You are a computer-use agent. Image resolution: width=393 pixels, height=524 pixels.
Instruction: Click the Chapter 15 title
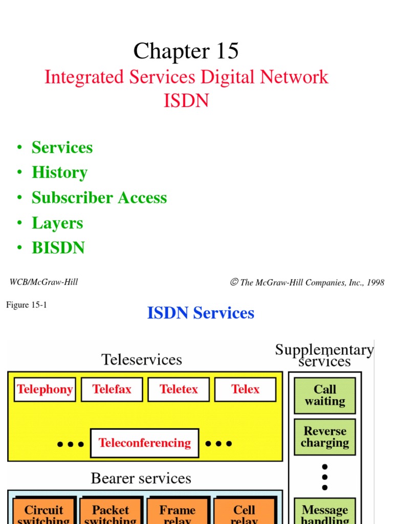[x=186, y=51]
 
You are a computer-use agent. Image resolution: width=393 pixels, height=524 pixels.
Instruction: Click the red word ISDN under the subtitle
[x=186, y=101]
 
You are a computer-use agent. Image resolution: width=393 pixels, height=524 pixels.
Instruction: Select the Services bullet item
[x=62, y=147]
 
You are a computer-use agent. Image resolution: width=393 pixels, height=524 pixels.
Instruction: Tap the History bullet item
[x=59, y=172]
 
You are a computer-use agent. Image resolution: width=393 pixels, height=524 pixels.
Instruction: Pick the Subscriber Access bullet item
[x=99, y=198]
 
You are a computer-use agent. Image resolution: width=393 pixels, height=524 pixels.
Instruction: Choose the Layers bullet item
[x=57, y=223]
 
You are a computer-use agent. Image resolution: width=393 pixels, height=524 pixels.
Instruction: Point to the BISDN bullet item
[x=58, y=248]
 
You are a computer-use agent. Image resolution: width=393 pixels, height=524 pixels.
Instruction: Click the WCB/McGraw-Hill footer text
[x=43, y=282]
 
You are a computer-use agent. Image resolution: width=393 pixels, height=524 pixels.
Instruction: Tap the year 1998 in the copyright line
[x=375, y=282]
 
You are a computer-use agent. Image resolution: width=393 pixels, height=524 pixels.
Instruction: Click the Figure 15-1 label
[x=27, y=305]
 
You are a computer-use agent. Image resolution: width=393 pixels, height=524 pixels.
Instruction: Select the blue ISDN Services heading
[x=201, y=313]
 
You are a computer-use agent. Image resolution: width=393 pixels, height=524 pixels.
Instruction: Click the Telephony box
[x=45, y=389]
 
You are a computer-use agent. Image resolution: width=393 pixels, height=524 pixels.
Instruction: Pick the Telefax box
[x=112, y=389]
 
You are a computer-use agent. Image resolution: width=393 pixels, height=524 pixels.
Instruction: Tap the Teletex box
[x=179, y=389]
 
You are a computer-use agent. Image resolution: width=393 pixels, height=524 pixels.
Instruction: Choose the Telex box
[x=245, y=389]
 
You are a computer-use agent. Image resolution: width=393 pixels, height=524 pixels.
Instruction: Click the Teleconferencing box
[x=144, y=443]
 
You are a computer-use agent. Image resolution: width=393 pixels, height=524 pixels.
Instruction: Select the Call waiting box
[x=324, y=396]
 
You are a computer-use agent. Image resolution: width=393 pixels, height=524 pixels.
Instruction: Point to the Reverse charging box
[x=324, y=437]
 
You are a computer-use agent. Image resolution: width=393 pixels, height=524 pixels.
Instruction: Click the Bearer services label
[x=141, y=478]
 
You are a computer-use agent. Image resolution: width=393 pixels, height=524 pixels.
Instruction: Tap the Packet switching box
[x=111, y=513]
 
